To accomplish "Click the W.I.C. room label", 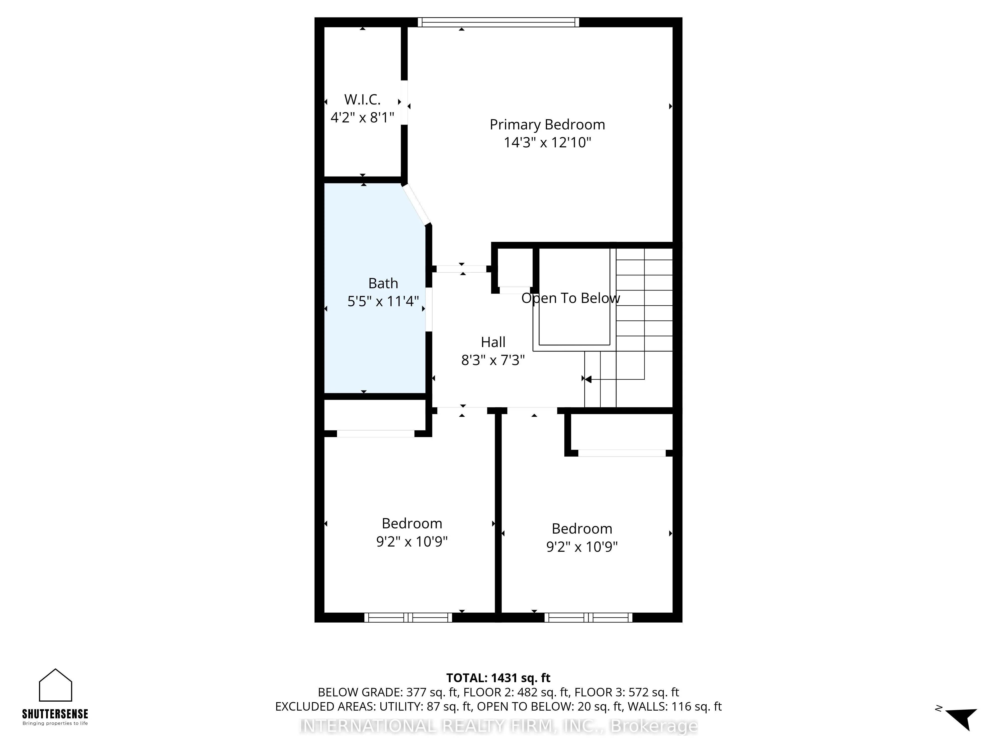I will [362, 99].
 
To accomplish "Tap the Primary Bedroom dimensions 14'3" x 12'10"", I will [547, 142].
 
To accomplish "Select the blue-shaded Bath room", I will [374, 343].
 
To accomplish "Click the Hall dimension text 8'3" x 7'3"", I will [493, 360].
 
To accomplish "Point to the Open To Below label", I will [571, 298].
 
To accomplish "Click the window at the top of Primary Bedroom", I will [498, 22].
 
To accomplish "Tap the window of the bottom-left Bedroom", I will [408, 617].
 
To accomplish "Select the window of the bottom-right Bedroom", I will [588, 617].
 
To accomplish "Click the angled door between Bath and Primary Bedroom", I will [416, 205].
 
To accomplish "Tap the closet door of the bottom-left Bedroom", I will [375, 434].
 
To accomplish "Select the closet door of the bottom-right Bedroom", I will [622, 453].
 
